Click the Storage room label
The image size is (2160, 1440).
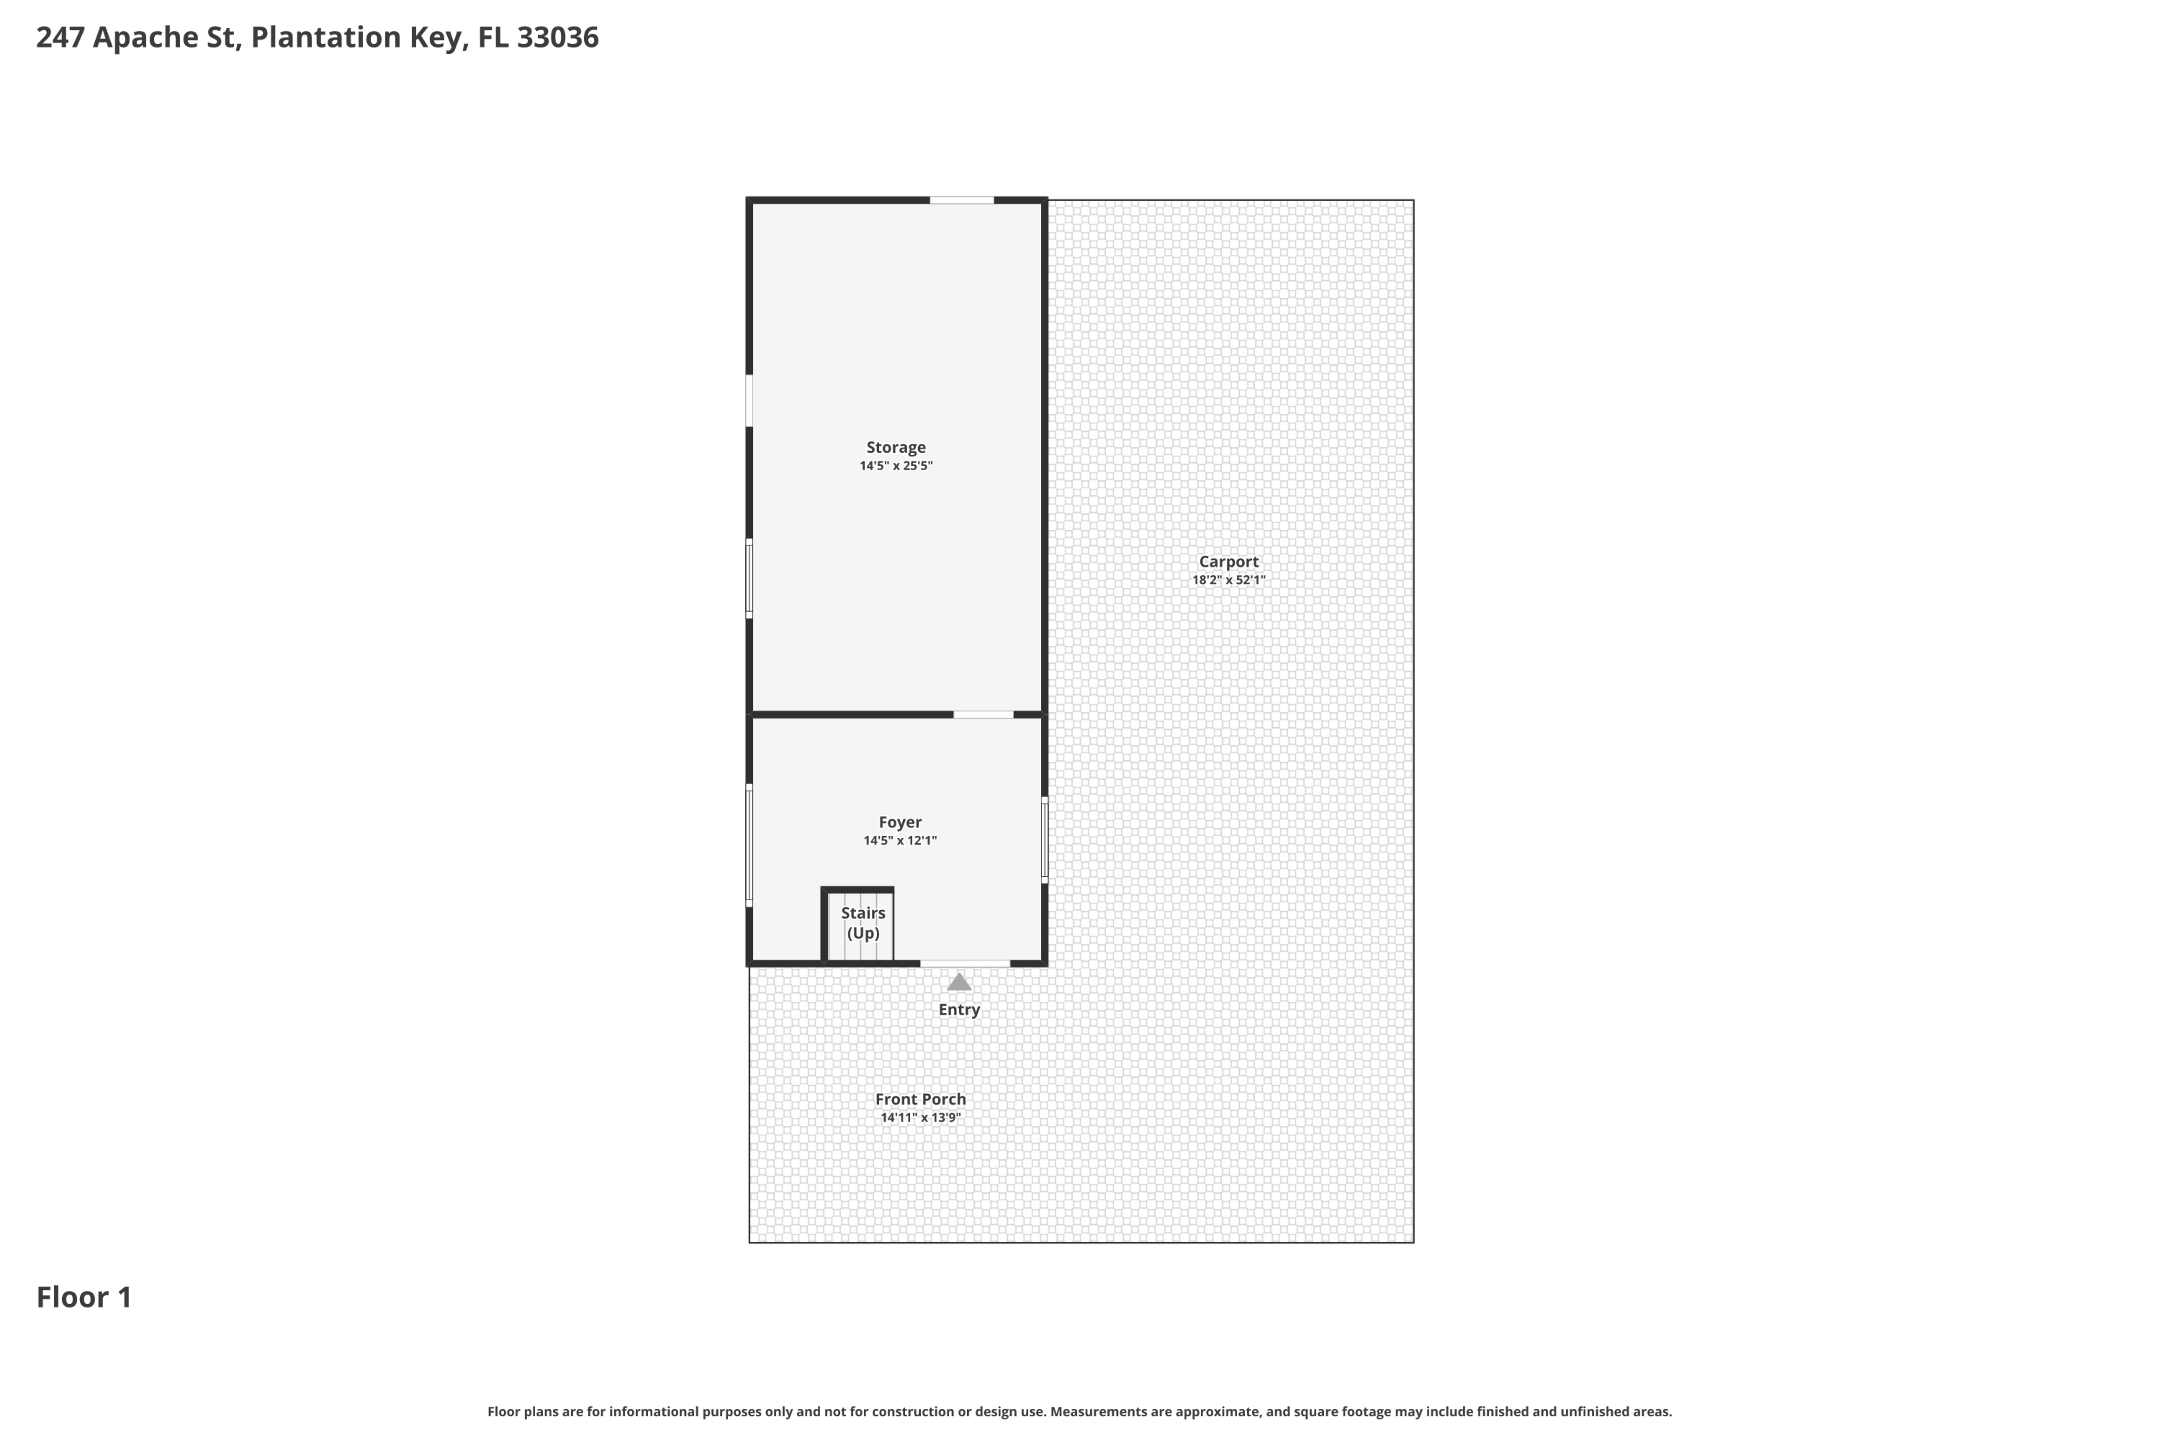[896, 447]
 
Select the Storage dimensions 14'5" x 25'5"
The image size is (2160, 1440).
[896, 467]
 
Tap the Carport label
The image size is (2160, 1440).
[1228, 561]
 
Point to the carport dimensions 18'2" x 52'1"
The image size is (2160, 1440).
[1228, 580]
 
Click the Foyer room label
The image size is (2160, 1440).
[899, 822]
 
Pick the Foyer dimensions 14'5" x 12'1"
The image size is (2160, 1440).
[899, 841]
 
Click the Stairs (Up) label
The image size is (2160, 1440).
[863, 923]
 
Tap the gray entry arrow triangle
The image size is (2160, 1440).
[959, 983]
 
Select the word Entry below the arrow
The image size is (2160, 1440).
[959, 1009]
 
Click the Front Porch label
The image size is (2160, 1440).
[920, 1099]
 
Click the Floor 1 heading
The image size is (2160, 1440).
[84, 1297]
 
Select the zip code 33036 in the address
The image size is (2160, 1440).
[557, 37]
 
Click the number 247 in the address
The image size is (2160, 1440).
[60, 37]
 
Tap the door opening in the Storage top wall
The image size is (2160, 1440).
[960, 200]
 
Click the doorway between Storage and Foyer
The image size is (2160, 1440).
[983, 714]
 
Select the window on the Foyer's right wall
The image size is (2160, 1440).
[1044, 840]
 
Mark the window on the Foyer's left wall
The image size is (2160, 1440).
[750, 845]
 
